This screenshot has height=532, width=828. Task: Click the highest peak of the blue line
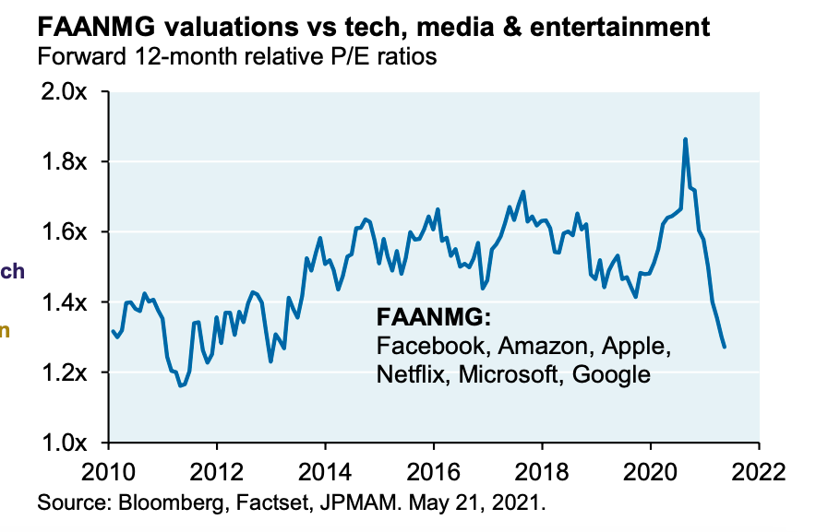tap(685, 139)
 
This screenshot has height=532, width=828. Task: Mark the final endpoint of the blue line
tap(725, 347)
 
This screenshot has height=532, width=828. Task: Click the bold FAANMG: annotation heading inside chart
tap(434, 318)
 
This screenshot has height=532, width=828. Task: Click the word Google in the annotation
tap(611, 374)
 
